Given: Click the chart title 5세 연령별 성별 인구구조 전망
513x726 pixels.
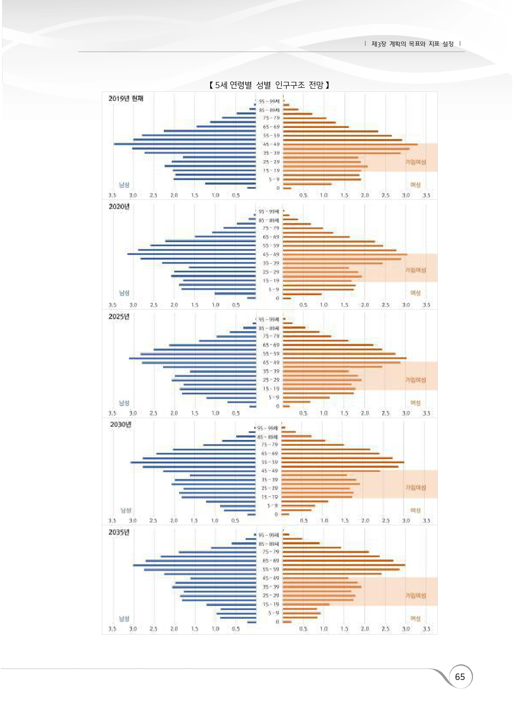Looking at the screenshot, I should (269, 85).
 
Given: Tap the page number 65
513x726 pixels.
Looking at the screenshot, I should (460, 676).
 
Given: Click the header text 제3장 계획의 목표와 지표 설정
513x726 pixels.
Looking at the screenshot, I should (412, 44).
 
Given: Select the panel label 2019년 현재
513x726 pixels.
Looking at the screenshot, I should (126, 99).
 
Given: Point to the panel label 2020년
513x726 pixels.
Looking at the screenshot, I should (119, 207).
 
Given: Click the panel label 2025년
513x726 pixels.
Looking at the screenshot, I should (119, 317).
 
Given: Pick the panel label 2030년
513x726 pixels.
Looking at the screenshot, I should (121, 425).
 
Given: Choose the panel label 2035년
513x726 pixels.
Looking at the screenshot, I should (119, 532).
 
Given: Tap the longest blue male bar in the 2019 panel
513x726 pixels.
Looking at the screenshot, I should (185, 144).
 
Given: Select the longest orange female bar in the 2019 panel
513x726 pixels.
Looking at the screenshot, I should (350, 144).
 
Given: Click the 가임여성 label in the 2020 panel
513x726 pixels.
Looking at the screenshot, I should (415, 270).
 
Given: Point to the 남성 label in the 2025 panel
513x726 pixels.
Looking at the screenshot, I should (124, 403).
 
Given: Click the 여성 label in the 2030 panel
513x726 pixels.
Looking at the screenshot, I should (415, 510).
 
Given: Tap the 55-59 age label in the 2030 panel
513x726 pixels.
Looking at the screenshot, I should (270, 462).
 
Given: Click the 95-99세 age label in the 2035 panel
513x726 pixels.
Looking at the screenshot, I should (269, 535).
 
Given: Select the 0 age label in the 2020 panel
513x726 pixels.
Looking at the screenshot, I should (278, 298).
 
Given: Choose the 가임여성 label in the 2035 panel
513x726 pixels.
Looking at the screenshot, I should (415, 595).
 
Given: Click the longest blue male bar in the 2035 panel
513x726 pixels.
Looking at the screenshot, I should (194, 565).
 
